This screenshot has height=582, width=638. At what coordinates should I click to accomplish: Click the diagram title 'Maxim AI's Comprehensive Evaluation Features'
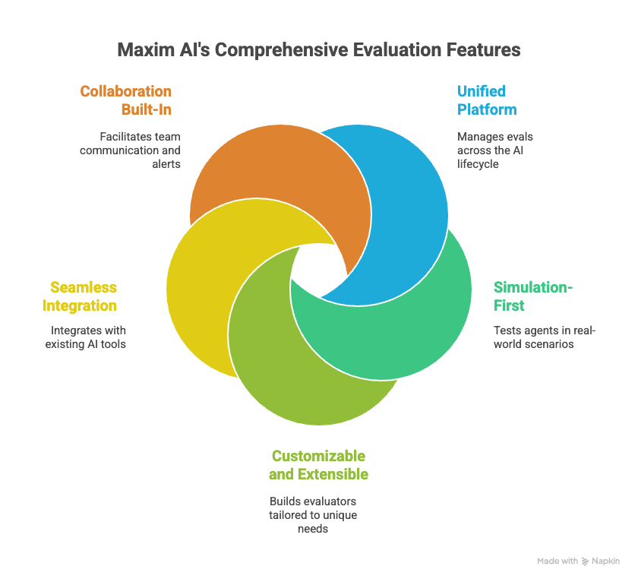click(x=318, y=50)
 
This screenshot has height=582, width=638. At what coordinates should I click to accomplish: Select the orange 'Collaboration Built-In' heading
click(x=126, y=100)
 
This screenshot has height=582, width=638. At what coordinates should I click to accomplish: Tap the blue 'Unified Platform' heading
click(x=487, y=100)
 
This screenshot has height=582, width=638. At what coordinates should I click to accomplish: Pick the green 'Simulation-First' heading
click(x=533, y=296)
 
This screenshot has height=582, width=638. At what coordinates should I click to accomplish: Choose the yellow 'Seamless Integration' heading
click(x=80, y=296)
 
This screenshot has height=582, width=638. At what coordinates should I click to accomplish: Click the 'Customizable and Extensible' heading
click(x=318, y=465)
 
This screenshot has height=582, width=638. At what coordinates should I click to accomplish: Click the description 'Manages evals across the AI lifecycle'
click(x=494, y=150)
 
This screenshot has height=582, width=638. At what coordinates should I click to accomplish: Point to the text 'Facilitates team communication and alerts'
click(x=130, y=150)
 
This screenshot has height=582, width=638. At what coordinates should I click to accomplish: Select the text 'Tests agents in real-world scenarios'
click(x=545, y=337)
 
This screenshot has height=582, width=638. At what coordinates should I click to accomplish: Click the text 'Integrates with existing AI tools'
click(x=85, y=337)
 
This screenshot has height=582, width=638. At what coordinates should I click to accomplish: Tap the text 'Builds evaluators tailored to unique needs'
click(x=313, y=515)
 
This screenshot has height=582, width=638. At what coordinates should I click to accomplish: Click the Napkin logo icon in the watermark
click(x=585, y=561)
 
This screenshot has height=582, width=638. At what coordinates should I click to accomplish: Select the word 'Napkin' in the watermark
click(x=606, y=561)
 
